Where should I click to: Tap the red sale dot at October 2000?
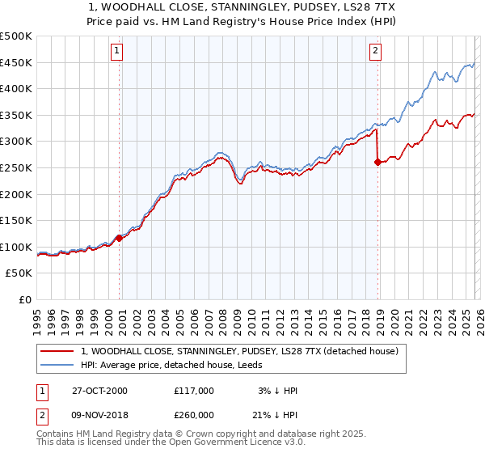tap(119, 238)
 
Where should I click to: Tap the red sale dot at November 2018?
tap(377, 162)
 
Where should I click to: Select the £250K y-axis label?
tap(16, 168)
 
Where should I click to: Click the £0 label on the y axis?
tap(25, 300)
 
